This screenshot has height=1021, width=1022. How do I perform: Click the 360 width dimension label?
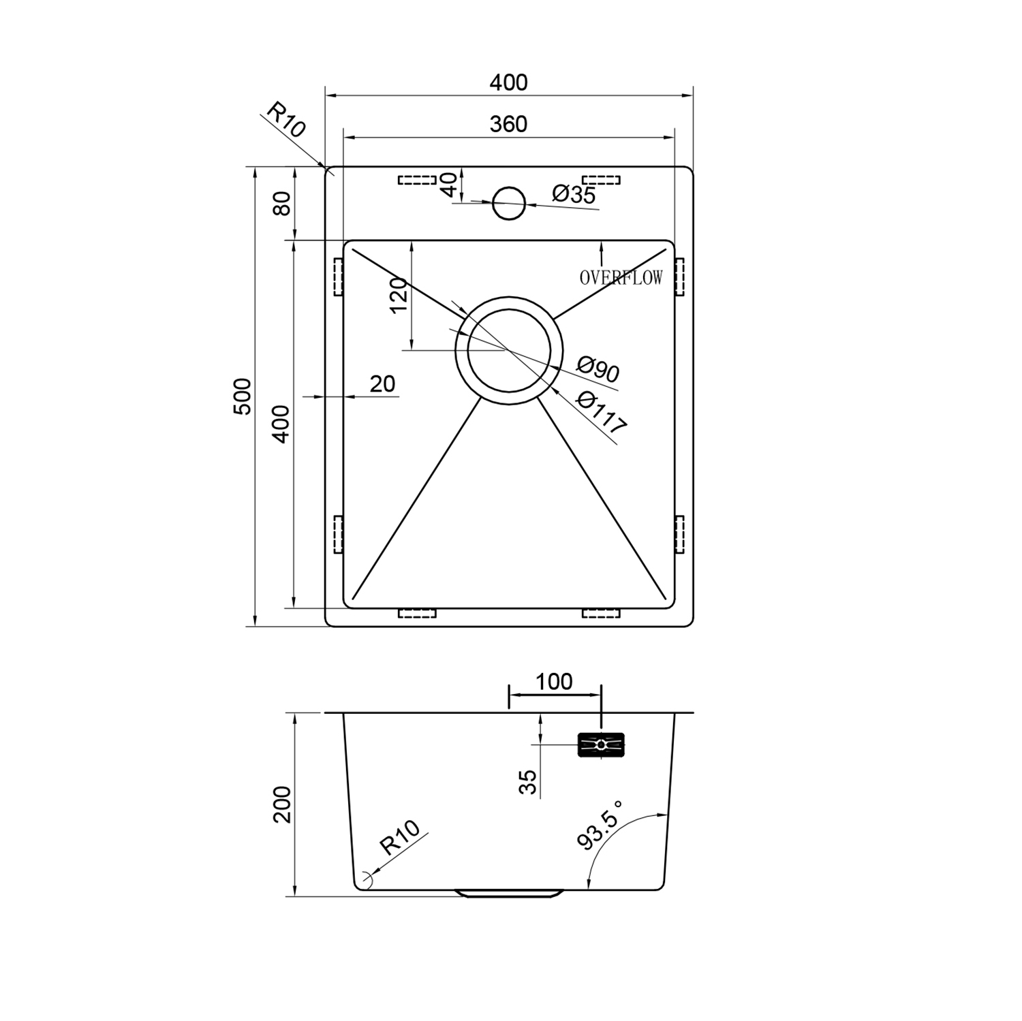coord(508,124)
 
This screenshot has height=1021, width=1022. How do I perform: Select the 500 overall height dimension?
coord(243,396)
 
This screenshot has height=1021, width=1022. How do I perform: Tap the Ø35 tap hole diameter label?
coord(574,195)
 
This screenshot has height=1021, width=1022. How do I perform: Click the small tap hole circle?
coord(509,204)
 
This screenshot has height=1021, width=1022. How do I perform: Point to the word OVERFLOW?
coord(621,278)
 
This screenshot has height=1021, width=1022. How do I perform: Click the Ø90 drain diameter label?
coord(598,368)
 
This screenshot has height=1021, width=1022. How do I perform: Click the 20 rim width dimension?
coord(382,384)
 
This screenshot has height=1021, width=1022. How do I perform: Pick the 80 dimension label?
coord(281,203)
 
